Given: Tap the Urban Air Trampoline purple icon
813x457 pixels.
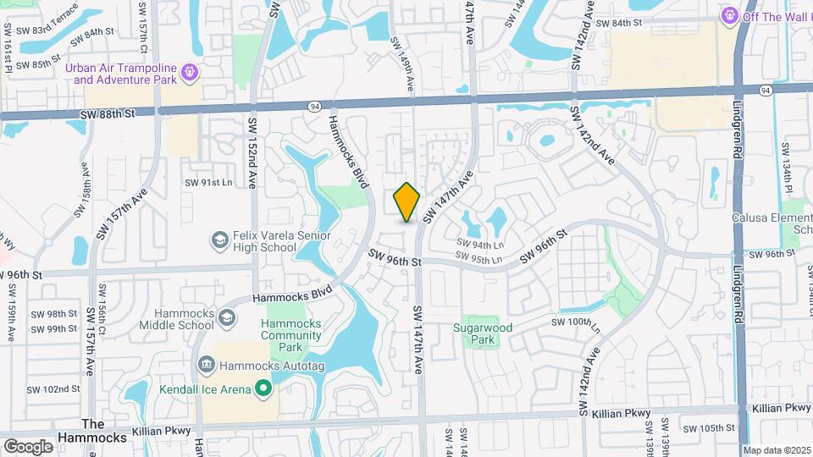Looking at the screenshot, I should coord(189,74).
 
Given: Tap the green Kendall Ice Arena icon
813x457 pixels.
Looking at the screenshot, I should coord(263,389).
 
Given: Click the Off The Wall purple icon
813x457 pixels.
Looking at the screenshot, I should coord(727,15).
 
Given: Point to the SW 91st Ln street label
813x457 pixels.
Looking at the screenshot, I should coord(208,182).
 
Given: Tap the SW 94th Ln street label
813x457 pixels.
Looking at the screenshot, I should coord(474,244).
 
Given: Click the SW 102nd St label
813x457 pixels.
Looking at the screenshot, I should coord(53,389).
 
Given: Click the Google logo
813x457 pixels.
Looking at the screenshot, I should coord(28,446).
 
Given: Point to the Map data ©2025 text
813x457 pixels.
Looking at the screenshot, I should coord(775,450).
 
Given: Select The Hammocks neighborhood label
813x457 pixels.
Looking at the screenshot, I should coord(92,430).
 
